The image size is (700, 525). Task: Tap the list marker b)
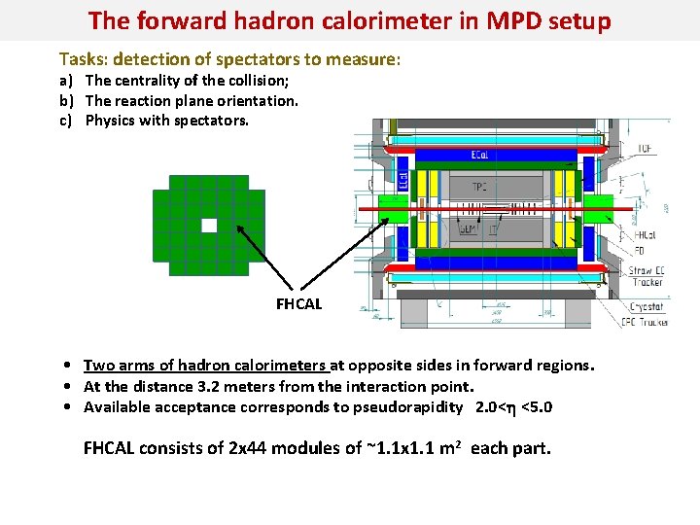[67, 101]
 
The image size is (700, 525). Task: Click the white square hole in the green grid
[209, 226]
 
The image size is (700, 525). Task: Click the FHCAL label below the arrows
[298, 304]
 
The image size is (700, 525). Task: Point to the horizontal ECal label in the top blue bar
[480, 154]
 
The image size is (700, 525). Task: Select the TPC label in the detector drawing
[479, 187]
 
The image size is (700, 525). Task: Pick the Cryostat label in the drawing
[646, 307]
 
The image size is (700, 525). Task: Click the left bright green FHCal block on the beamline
[393, 208]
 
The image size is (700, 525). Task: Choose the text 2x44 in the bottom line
[248, 448]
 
